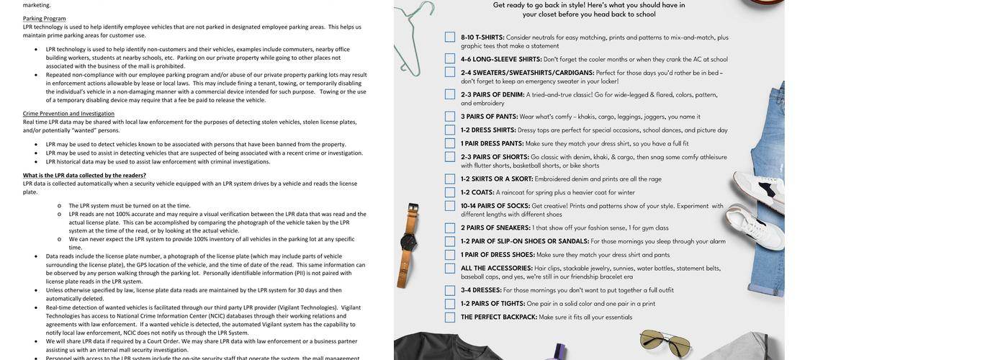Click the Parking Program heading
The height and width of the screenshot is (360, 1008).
coord(44,19)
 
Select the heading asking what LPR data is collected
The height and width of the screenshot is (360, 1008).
coord(84,175)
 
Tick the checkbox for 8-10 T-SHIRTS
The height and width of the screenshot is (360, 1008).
coord(449,37)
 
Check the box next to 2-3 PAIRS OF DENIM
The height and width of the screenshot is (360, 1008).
coord(449,94)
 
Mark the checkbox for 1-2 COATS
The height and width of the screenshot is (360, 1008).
coord(449,192)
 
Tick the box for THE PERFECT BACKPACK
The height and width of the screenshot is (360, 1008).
coord(449,317)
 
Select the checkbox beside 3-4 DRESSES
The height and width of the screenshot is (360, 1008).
coord(449,290)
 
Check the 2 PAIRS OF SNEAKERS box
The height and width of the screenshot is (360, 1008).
coord(449,228)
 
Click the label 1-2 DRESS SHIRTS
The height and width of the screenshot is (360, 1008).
coord(488,130)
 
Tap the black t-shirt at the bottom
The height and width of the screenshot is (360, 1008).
coord(461,346)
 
